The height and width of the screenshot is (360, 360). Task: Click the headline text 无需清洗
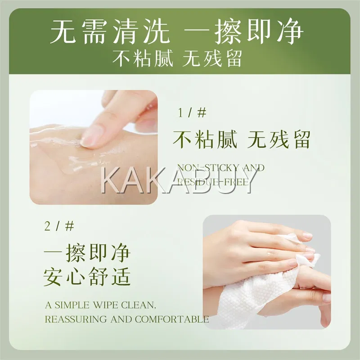(110, 31)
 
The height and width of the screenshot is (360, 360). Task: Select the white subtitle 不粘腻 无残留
(177, 58)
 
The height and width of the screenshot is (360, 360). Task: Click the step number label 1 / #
(192, 113)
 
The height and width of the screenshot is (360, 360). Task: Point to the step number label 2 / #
(59, 226)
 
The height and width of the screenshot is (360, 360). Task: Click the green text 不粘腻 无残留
(242, 139)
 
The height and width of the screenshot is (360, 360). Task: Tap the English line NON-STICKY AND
(221, 168)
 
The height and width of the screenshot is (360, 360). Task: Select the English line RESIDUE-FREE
(213, 182)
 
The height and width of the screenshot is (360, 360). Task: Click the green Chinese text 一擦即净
(87, 253)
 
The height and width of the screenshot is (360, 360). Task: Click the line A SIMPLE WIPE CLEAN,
(100, 305)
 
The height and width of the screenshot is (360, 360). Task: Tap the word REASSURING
(76, 319)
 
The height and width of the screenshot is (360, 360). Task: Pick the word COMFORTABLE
(172, 319)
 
